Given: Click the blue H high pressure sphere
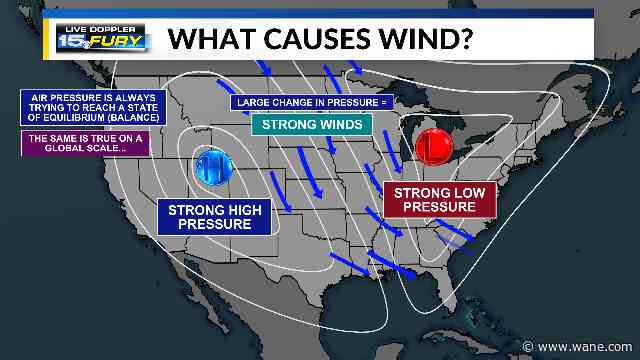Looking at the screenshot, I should [x=213, y=166].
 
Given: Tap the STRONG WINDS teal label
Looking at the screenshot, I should [x=311, y=124].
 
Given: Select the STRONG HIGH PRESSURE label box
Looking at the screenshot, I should [x=216, y=217].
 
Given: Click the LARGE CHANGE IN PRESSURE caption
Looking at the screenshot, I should [x=312, y=102].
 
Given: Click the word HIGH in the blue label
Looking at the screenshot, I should [x=248, y=210].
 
